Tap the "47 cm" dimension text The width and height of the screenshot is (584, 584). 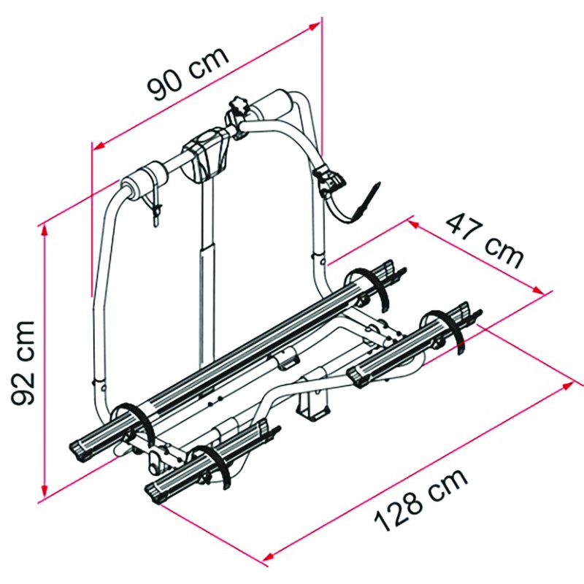click(486, 239)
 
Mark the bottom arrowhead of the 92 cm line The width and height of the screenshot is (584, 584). click(45, 493)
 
